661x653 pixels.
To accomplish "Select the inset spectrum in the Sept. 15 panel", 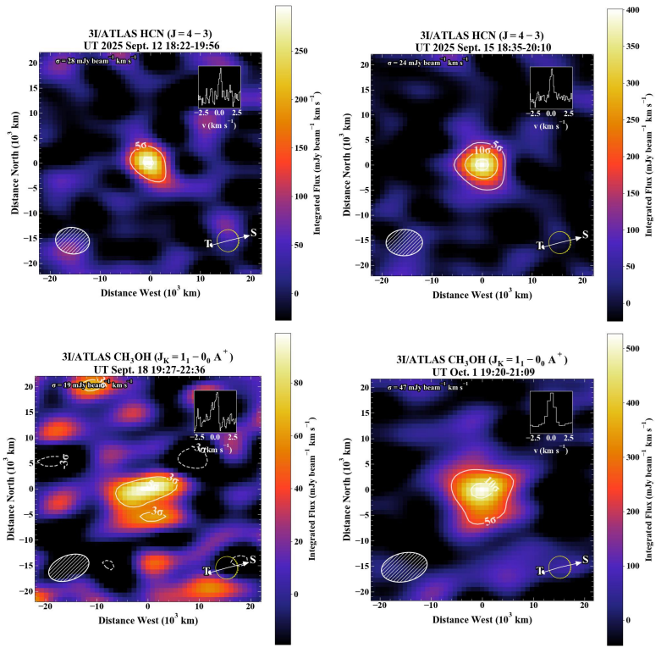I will tap(551, 87).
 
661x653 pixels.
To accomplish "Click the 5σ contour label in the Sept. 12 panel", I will tap(143, 146).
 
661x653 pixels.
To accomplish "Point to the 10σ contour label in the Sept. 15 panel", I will tap(482, 150).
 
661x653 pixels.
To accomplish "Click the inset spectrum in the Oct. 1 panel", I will tap(551, 413).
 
